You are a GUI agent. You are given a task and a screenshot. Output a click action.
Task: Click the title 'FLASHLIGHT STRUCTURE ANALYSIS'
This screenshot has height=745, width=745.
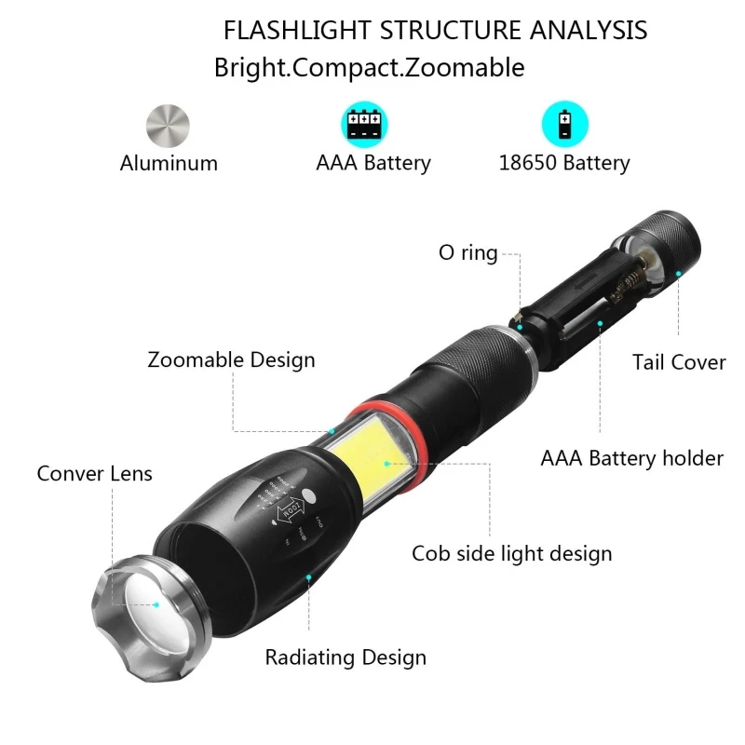point(435,30)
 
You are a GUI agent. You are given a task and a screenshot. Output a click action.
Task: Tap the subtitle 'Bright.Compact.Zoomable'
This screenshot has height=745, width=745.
point(370,68)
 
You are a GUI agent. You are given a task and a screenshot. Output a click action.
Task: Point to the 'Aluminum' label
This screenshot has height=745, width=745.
point(169,164)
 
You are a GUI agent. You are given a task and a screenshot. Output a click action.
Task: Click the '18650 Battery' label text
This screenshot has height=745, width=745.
point(564,164)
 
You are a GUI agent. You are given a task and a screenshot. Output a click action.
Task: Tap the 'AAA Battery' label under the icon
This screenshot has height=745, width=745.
point(373,164)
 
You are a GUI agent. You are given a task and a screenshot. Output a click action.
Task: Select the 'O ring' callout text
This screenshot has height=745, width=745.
point(467,253)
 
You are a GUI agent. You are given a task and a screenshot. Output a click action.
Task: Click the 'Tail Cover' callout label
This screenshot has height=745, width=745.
point(679,362)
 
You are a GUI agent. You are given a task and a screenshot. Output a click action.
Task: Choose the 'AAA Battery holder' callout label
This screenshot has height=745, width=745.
point(632,458)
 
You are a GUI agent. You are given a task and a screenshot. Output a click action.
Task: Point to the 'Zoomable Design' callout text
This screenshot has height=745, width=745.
point(231,360)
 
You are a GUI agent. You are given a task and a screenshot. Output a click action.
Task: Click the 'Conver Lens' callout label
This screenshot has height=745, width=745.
point(95,473)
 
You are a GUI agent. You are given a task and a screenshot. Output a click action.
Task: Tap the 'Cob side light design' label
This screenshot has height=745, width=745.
point(512,554)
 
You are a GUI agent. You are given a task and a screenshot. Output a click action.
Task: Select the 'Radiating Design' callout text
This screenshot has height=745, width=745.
point(345,657)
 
